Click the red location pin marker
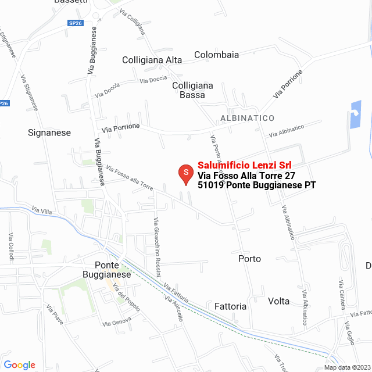click(x=185, y=173)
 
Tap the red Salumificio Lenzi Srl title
click(x=245, y=165)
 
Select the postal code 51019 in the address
click(x=210, y=185)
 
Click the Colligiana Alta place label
click(x=152, y=60)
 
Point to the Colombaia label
click(x=216, y=55)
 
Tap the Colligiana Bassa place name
click(x=192, y=90)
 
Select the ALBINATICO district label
click(x=247, y=118)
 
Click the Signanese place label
click(x=49, y=133)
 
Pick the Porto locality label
click(x=249, y=259)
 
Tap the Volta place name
click(x=279, y=301)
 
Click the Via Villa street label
click(x=42, y=210)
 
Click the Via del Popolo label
click(x=126, y=298)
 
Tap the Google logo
click(x=19, y=365)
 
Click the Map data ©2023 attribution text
click(x=346, y=367)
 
